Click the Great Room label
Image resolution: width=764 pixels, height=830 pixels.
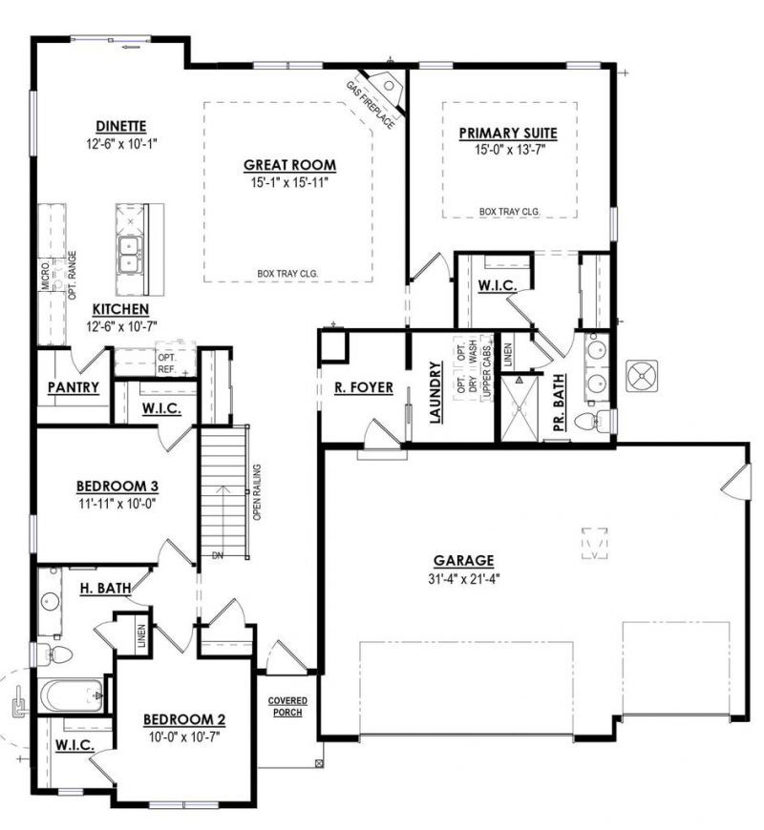coord(289,165)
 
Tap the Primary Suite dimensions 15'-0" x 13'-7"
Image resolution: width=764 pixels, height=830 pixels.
coord(510,150)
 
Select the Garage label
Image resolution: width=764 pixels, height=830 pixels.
coord(463,561)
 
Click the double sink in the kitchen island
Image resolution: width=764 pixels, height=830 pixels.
coord(130,255)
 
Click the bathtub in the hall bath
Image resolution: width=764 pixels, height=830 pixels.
coord(71,696)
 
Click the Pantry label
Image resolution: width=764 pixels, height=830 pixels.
coord(74,387)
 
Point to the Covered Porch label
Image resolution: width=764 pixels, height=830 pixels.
coord(287,707)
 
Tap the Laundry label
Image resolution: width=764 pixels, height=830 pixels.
coord(435,393)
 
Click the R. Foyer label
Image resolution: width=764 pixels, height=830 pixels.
coord(364,388)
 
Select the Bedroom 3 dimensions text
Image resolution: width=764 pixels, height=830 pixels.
coord(117,504)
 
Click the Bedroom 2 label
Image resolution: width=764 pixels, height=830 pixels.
coord(184,720)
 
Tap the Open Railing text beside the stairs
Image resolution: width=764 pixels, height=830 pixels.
coord(257,492)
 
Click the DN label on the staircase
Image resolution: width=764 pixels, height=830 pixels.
coord(218,556)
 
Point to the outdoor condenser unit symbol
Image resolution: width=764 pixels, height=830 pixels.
coord(642,376)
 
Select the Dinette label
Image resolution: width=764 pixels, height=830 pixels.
coord(120,127)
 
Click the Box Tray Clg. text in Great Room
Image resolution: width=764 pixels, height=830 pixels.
coord(287,274)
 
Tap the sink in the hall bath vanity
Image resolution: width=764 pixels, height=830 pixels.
coord(52,601)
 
